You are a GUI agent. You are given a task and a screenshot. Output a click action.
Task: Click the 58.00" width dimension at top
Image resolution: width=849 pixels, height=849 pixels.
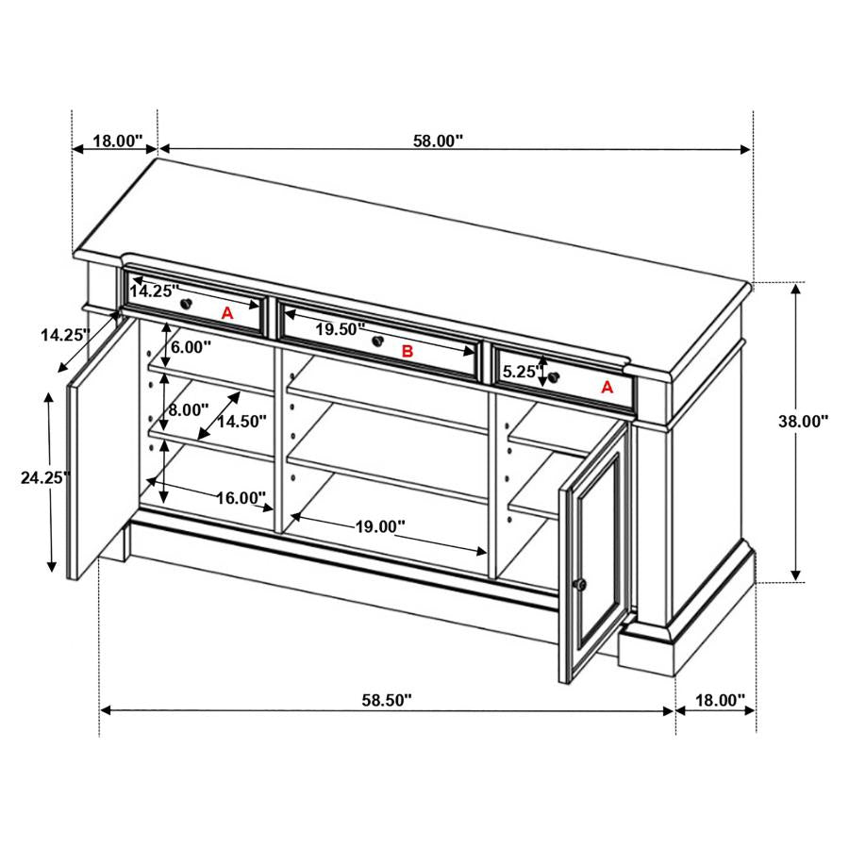point(438,141)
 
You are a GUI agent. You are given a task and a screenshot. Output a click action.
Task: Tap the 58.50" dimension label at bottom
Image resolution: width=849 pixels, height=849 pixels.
point(387,701)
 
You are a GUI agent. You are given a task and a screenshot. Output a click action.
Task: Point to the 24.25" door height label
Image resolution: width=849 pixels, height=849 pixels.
point(46,477)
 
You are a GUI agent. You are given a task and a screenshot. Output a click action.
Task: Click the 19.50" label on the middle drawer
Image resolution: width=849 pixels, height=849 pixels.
point(341,329)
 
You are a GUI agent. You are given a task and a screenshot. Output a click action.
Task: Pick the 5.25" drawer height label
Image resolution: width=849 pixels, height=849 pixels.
point(520,372)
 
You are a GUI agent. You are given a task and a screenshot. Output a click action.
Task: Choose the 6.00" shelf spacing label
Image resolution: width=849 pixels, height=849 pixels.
point(191,346)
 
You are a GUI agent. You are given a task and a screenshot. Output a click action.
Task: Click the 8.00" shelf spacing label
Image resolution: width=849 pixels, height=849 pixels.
point(189,410)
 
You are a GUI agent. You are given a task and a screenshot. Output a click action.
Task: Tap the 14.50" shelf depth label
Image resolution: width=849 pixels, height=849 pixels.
point(241,422)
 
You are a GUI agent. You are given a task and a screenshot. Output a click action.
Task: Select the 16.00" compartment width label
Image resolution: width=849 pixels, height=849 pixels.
point(241,497)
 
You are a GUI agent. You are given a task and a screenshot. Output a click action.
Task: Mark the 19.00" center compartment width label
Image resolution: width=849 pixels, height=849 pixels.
point(380,526)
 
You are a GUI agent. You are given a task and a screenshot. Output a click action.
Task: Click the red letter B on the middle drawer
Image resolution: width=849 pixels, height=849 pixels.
point(408,352)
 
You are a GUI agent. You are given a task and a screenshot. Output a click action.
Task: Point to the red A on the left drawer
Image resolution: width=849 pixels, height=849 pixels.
point(227,313)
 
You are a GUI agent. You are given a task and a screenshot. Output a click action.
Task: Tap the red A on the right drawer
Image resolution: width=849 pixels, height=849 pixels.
point(607,387)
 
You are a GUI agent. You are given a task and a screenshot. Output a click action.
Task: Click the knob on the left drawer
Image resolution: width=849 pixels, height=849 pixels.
point(187,303)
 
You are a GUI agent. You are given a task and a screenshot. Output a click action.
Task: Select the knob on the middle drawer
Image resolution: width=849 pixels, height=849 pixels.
point(377,341)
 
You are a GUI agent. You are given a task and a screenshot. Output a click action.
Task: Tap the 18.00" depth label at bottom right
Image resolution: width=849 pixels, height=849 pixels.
point(720,701)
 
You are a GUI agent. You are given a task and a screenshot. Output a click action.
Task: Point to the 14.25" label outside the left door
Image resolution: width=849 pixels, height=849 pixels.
point(65,334)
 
